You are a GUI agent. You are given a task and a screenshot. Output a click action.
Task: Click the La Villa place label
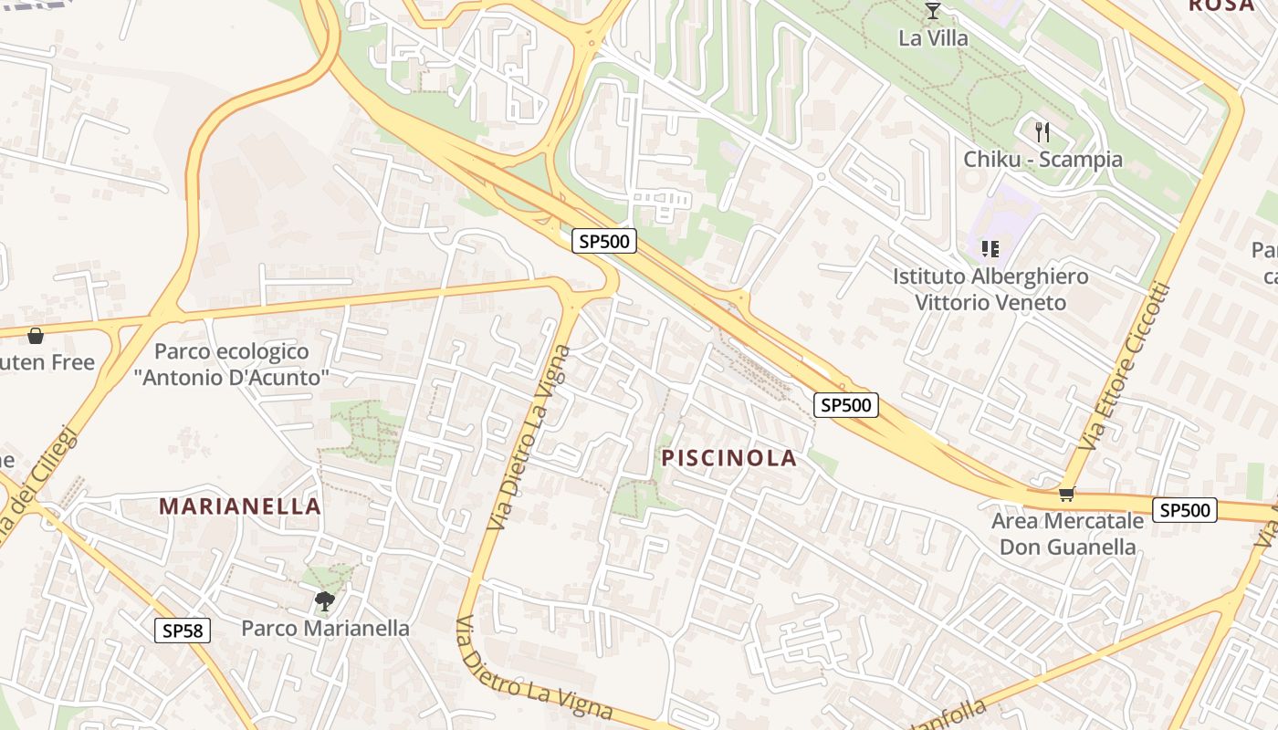(x=933, y=38)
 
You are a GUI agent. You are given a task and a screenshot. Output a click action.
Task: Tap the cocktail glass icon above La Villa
(x=933, y=11)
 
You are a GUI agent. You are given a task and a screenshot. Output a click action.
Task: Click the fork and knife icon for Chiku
(x=1042, y=131)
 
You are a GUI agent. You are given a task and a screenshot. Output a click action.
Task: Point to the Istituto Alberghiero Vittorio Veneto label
(x=990, y=288)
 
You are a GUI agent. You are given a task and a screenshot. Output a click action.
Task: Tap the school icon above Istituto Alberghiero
(x=990, y=248)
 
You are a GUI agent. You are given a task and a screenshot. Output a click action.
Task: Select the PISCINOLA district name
(x=729, y=458)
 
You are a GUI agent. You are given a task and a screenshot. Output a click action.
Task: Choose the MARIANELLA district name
(x=240, y=506)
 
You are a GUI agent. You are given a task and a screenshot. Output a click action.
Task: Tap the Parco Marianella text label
(x=325, y=628)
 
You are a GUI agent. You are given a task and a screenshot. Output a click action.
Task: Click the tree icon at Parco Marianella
(x=324, y=600)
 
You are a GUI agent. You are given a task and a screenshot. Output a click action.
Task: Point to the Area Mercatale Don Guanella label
(x=1067, y=534)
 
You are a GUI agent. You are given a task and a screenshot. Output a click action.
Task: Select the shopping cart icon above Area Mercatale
(x=1066, y=495)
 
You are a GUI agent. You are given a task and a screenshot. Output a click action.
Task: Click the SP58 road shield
(x=183, y=630)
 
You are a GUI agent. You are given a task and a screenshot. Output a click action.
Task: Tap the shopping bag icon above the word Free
(x=36, y=336)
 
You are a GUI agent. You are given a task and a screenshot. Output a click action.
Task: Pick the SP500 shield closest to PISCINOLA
(x=845, y=404)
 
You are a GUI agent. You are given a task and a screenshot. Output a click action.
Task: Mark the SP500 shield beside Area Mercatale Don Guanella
(x=1185, y=509)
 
